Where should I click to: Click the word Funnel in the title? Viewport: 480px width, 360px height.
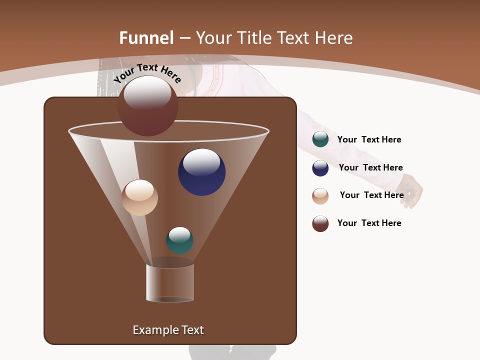[x=146, y=38]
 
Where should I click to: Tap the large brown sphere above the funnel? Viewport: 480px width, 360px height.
[x=148, y=106]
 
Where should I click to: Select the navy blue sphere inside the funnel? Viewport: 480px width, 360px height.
[x=201, y=172]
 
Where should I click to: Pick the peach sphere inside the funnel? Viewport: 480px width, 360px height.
[x=139, y=197]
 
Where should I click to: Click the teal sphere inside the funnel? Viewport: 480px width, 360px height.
[x=179, y=240]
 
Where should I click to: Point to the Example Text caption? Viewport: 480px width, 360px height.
[x=168, y=330]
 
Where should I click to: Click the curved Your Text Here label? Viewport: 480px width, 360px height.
[x=147, y=72]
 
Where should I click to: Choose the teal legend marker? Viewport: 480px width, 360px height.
[x=320, y=139]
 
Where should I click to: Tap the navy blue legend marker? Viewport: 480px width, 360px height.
[x=320, y=168]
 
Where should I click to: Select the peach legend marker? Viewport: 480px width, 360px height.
[x=320, y=196]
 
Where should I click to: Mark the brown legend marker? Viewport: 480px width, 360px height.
[x=320, y=223]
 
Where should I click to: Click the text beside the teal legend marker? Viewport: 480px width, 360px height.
[x=369, y=139]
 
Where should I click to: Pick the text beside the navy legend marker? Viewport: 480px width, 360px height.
[x=370, y=167]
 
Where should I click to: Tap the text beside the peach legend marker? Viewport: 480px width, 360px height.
[x=371, y=195]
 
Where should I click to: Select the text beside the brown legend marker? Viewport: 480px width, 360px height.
[x=369, y=223]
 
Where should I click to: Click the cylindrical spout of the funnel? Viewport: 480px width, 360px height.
[x=170, y=282]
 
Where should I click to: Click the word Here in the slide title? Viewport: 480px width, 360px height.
[x=334, y=38]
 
